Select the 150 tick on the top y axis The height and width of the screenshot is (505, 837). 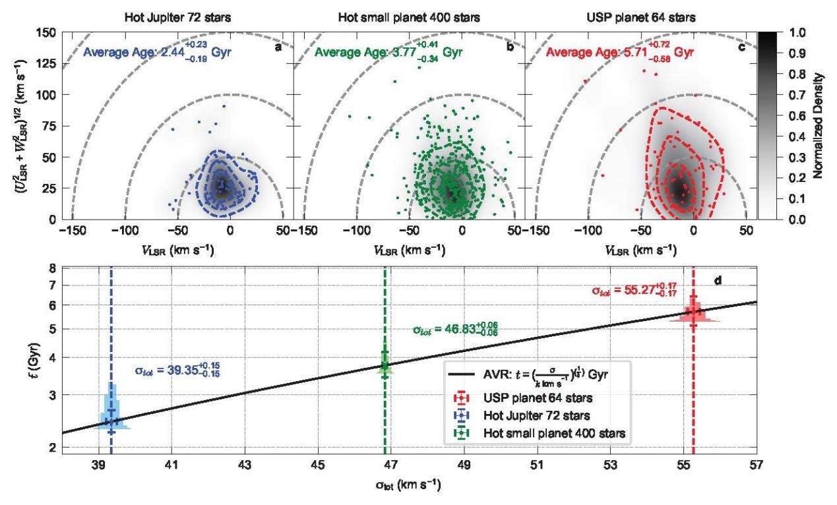coord(46,32)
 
